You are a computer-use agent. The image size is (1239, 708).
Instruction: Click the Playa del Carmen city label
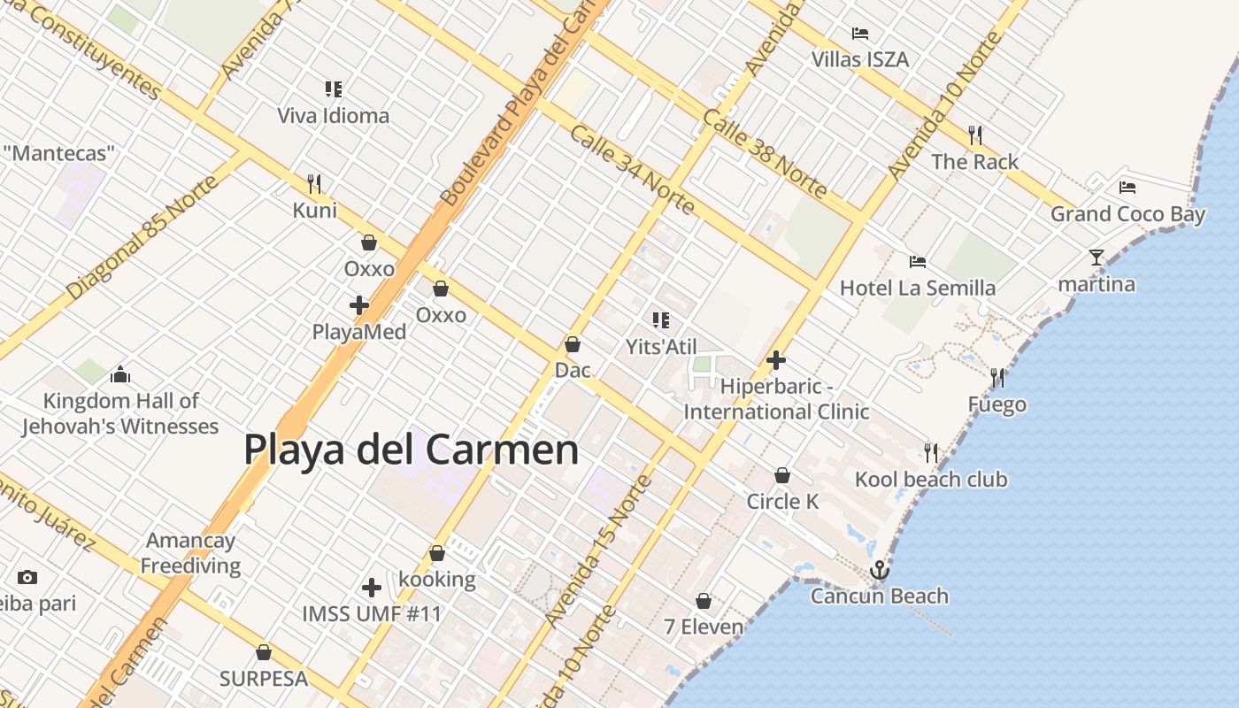[411, 450]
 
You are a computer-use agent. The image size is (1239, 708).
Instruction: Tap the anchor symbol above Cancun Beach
[879, 570]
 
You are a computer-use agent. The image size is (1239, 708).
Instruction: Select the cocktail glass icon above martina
[1097, 258]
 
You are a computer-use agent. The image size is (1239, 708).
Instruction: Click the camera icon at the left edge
[27, 578]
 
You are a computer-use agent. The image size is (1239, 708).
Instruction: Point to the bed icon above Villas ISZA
[860, 34]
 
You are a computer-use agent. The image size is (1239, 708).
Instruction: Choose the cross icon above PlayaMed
[359, 306]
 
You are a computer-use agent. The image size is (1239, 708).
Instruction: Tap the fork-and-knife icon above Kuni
[314, 184]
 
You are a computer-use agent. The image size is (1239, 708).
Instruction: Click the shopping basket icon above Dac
[573, 344]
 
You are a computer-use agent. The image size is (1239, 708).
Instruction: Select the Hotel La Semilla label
[917, 288]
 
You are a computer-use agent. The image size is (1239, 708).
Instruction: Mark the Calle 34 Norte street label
[632, 169]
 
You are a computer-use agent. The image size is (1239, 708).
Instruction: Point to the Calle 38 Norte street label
[765, 153]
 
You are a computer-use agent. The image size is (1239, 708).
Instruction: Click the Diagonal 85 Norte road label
[142, 237]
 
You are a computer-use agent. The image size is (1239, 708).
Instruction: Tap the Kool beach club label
[931, 480]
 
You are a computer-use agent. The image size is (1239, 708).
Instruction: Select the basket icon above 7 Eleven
[704, 602]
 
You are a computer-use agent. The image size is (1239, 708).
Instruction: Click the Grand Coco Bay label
[1127, 214]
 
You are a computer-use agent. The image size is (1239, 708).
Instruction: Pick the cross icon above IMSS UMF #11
[372, 588]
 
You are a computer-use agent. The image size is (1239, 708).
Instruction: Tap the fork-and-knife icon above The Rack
[975, 135]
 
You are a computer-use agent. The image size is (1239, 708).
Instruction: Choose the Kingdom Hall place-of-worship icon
[120, 375]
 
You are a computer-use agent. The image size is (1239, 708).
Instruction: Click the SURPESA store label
[264, 679]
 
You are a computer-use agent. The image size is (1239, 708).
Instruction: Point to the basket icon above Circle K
[782, 476]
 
